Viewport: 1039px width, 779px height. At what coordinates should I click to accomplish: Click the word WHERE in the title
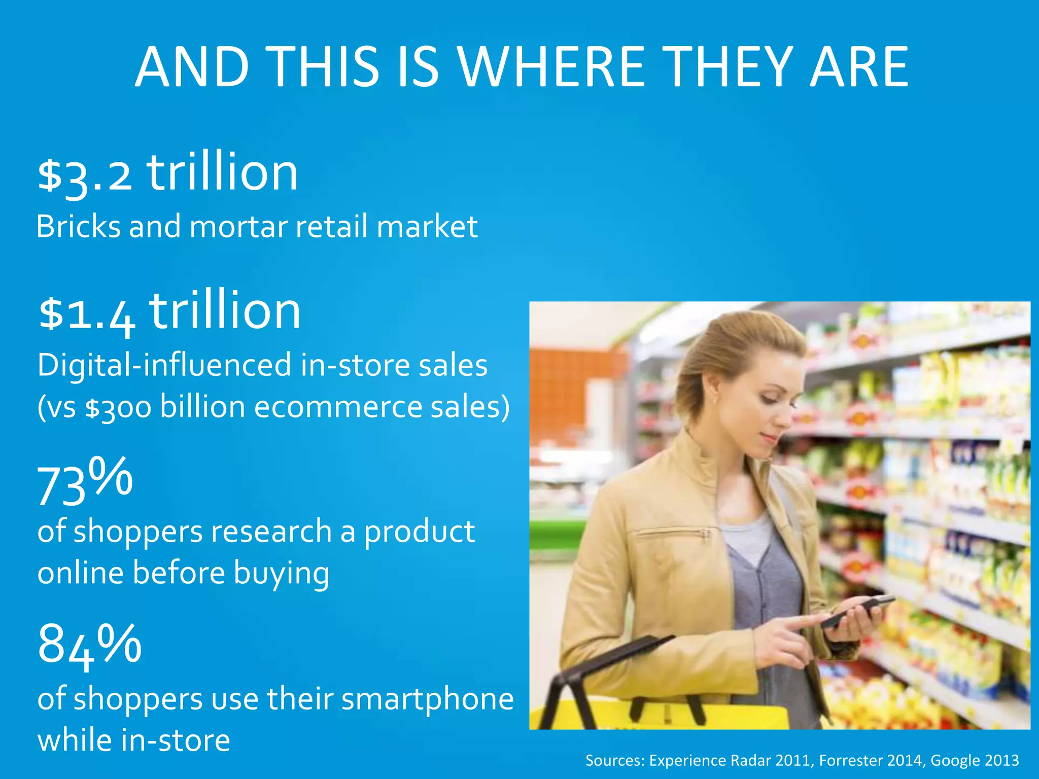click(x=551, y=66)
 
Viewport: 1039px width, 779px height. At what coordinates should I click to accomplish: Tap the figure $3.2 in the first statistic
click(x=85, y=175)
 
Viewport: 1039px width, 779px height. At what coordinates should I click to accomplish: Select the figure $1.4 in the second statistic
click(x=87, y=313)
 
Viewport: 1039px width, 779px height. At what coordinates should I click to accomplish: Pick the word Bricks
click(x=78, y=226)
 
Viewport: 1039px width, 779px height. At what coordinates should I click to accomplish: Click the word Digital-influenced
click(x=164, y=365)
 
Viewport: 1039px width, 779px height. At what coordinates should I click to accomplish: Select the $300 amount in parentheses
click(x=118, y=407)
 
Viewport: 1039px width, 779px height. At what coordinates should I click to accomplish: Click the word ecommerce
click(x=337, y=407)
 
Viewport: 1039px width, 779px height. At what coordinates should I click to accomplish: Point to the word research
click(x=271, y=532)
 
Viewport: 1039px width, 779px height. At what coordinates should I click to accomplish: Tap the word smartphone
click(x=427, y=699)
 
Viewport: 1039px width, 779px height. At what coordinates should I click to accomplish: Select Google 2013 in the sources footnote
click(x=974, y=760)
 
